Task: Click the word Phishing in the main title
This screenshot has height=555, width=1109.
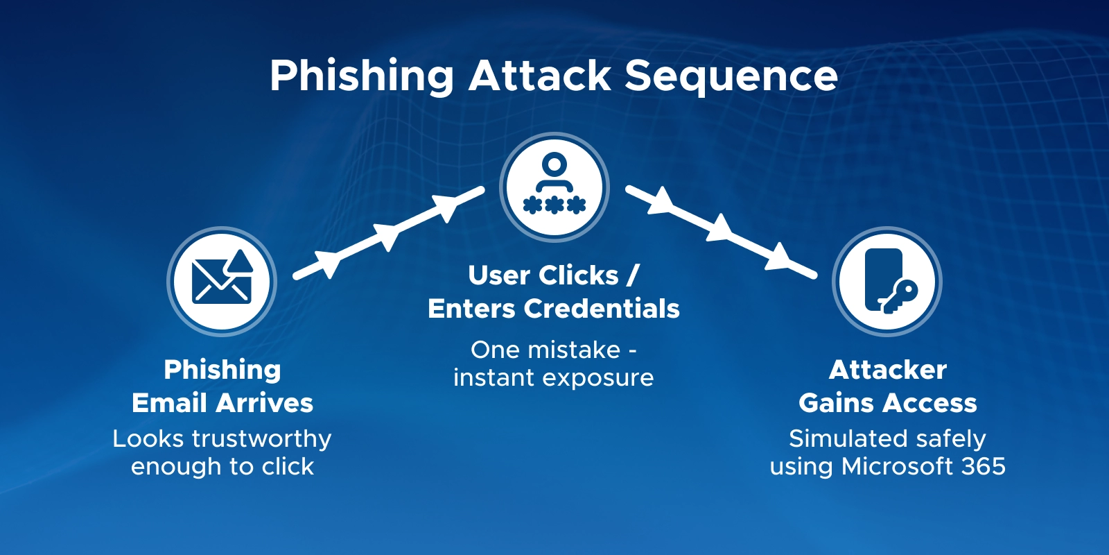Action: [x=361, y=76]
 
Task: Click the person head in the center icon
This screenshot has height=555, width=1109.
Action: [x=554, y=164]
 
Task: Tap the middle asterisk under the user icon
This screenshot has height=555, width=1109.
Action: [x=554, y=205]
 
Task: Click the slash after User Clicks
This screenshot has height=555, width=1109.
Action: [x=632, y=275]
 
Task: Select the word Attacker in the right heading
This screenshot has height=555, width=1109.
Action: [x=887, y=370]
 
